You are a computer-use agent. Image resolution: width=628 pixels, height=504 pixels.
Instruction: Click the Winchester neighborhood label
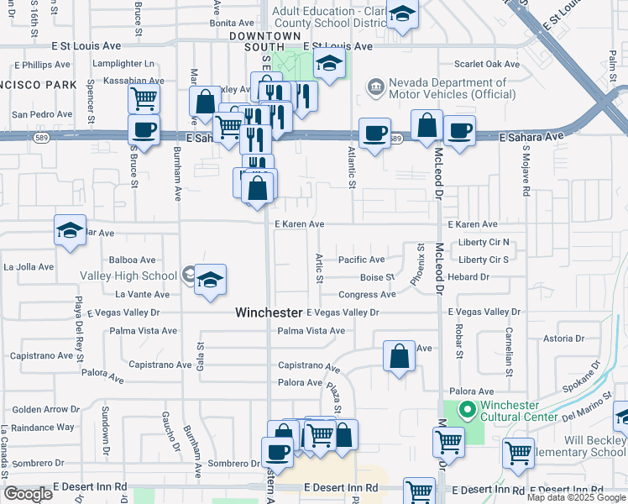click(268, 312)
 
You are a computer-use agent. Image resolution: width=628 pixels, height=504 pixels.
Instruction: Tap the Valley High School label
click(128, 276)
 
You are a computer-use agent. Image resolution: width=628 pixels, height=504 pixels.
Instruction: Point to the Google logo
click(28, 494)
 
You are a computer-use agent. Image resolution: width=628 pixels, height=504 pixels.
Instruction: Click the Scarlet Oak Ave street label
click(488, 64)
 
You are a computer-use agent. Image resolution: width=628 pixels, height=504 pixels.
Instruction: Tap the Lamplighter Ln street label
click(124, 64)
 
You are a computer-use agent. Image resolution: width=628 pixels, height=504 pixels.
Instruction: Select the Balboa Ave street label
click(134, 260)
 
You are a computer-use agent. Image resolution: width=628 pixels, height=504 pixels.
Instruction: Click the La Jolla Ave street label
click(29, 267)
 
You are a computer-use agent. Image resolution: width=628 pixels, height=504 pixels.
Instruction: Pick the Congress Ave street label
click(367, 295)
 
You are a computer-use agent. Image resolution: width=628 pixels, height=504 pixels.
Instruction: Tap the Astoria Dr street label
click(564, 339)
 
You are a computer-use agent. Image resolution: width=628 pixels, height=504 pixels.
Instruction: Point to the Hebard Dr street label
click(468, 276)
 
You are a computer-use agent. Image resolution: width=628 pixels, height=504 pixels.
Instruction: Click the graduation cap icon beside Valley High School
click(211, 281)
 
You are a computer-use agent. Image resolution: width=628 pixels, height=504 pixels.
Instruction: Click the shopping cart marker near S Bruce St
click(144, 97)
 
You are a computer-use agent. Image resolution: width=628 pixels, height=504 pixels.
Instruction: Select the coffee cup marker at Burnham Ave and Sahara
click(144, 130)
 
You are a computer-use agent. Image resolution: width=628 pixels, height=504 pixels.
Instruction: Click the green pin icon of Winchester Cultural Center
click(468, 411)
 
